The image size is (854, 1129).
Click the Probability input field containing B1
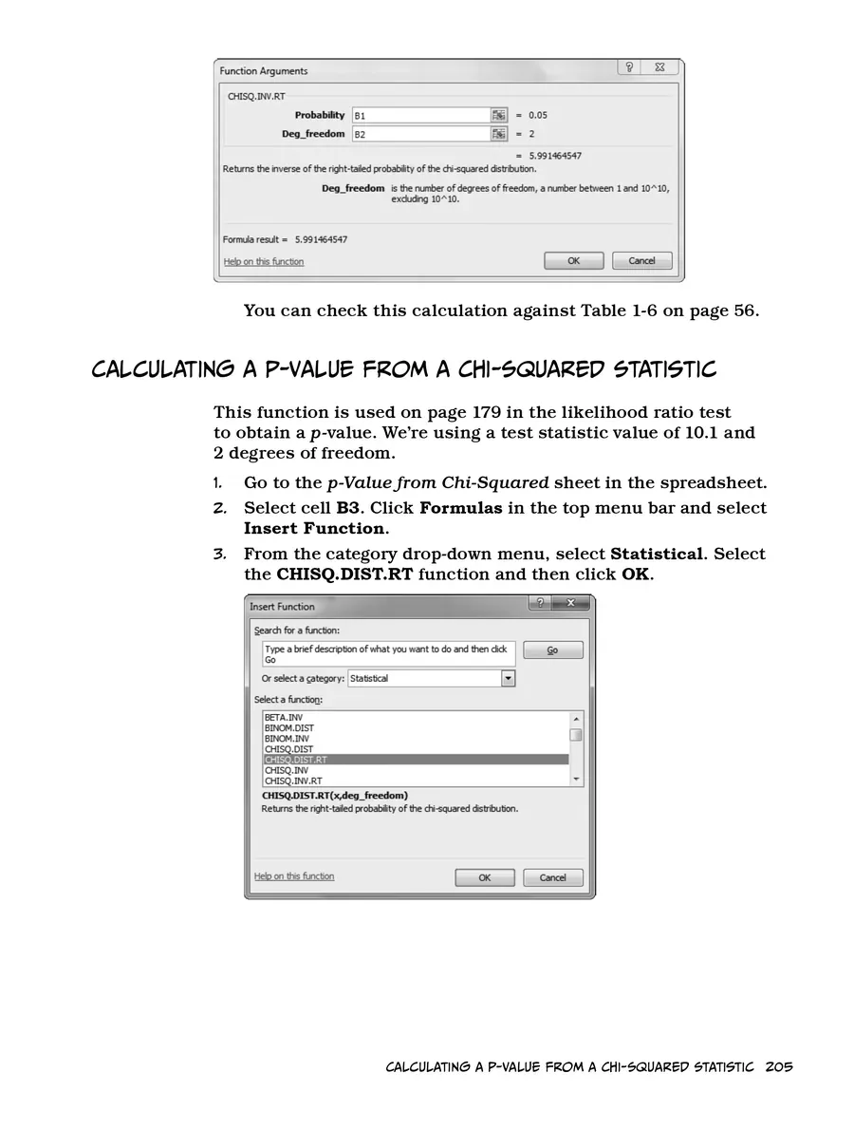coord(419,115)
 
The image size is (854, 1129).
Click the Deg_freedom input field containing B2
coord(419,134)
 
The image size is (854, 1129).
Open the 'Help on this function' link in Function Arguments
coord(263,262)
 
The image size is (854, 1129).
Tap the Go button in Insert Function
coord(552,650)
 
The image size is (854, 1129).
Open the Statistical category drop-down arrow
coord(509,678)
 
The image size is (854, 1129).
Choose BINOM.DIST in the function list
coord(288,728)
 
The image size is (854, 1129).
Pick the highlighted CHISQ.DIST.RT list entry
coord(296,760)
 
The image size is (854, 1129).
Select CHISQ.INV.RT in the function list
coord(292,781)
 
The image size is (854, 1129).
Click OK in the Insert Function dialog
coord(484,877)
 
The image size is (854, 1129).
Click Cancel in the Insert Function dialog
coord(552,877)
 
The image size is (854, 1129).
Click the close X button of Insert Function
coord(570,604)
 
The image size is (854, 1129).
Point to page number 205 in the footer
coord(777,1067)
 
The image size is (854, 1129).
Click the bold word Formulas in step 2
coord(460,508)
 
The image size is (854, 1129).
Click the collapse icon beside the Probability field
coord(499,115)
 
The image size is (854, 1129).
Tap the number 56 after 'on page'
coord(743,310)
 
